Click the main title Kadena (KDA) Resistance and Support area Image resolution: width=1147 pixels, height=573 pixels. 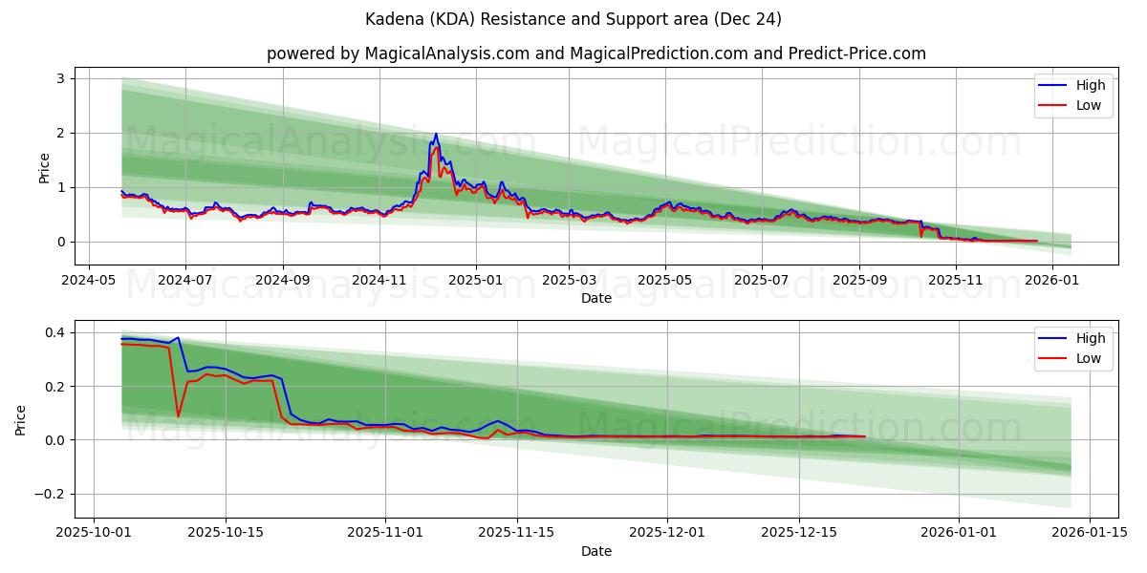pyautogui.click(x=573, y=19)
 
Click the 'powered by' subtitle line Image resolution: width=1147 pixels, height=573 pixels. pyautogui.click(x=595, y=53)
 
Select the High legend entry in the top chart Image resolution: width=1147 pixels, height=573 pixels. pyautogui.click(x=1074, y=85)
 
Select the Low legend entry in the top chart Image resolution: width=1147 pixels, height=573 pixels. pyautogui.click(x=1074, y=105)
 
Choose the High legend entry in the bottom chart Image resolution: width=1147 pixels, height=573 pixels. pyautogui.click(x=1074, y=338)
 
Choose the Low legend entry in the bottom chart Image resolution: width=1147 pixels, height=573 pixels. pyautogui.click(x=1074, y=358)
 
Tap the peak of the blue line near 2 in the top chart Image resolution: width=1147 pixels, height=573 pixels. pyautogui.click(x=436, y=134)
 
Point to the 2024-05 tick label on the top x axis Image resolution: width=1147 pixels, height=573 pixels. pyautogui.click(x=89, y=280)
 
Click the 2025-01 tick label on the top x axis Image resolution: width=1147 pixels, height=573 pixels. pyautogui.click(x=476, y=280)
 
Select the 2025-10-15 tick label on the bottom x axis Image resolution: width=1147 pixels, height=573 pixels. pyautogui.click(x=226, y=533)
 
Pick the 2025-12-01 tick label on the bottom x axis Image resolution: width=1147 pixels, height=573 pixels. pyautogui.click(x=667, y=533)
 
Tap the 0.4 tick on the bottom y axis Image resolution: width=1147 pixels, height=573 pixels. pyautogui.click(x=54, y=332)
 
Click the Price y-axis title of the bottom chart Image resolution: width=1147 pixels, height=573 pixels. pyautogui.click(x=21, y=419)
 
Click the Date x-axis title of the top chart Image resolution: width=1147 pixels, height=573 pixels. pyautogui.click(x=595, y=298)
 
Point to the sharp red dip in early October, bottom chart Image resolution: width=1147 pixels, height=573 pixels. pyautogui.click(x=178, y=415)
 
